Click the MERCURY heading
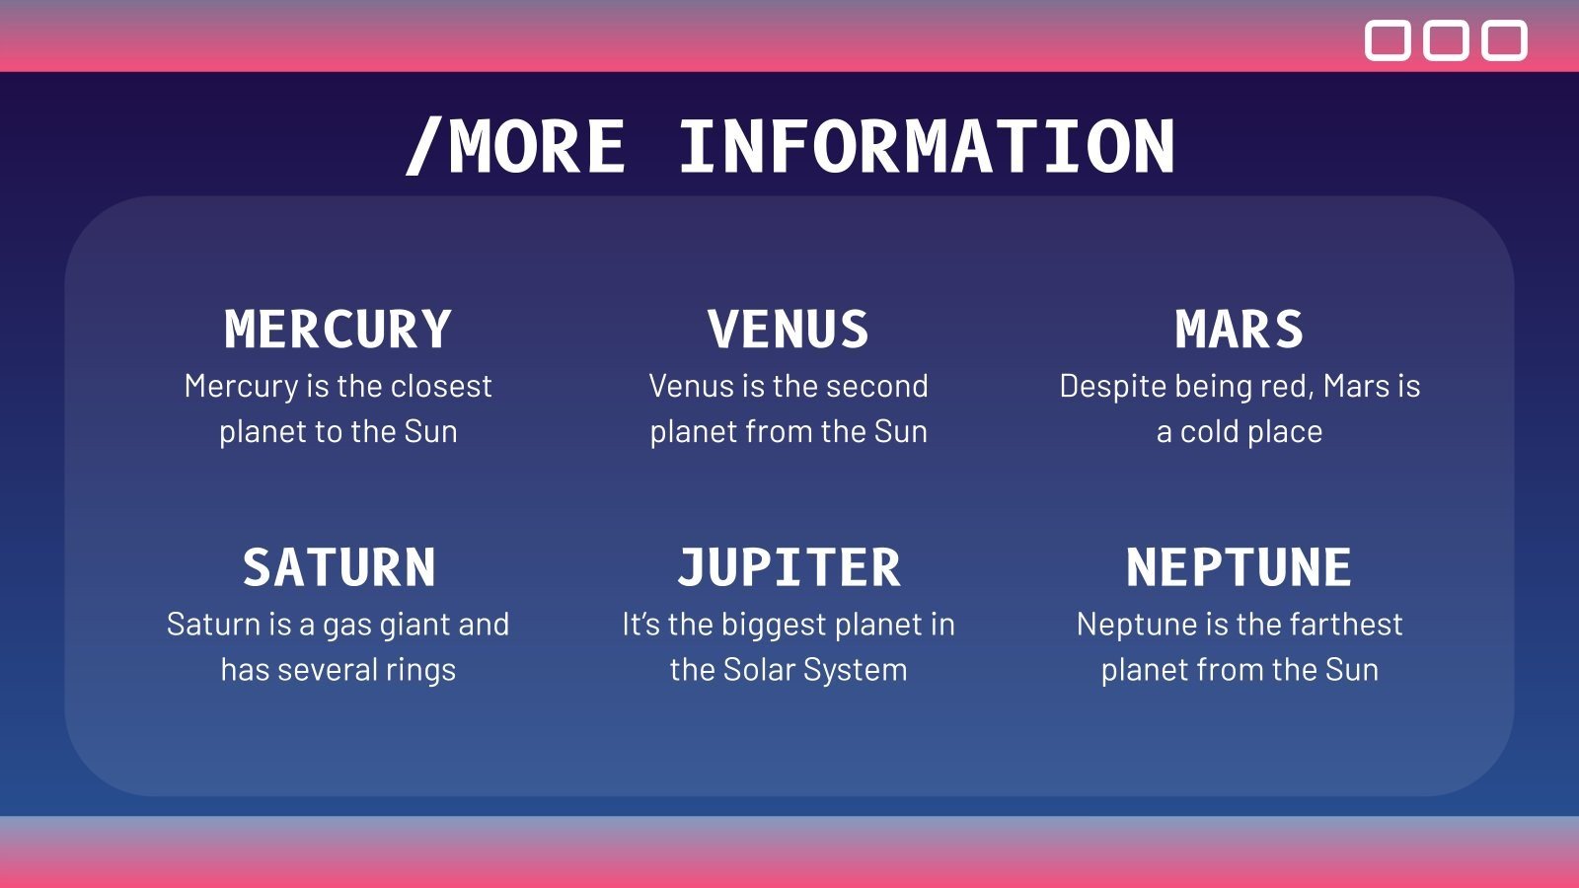pyautogui.click(x=338, y=330)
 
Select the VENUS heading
pyautogui.click(x=789, y=330)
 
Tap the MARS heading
pyautogui.click(x=1240, y=330)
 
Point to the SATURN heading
pyautogui.click(x=339, y=567)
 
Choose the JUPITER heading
pyautogui.click(x=789, y=567)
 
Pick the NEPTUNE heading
pyautogui.click(x=1240, y=567)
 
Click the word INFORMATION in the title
pyautogui.click(x=927, y=147)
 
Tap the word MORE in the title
pyautogui.click(x=537, y=147)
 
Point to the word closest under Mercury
pyautogui.click(x=441, y=386)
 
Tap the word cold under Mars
pyautogui.click(x=1210, y=431)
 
